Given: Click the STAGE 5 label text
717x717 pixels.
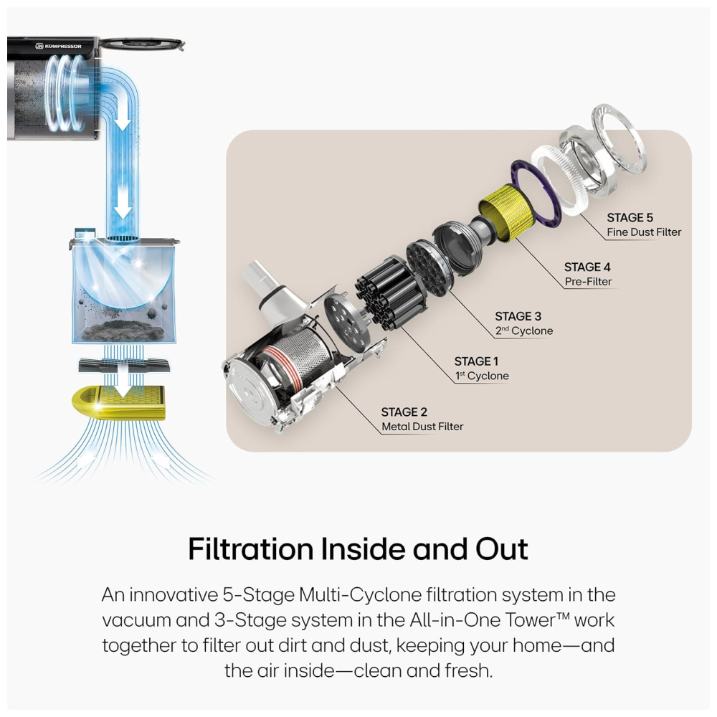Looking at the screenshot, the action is pos(630,218).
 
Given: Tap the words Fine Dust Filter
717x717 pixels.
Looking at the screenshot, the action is pos(644,232).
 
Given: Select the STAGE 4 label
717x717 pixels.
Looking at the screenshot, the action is pos(587,267).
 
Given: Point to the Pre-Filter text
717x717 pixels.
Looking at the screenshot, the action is pos(588,282).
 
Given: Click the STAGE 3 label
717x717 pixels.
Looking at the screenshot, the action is pos(518,316).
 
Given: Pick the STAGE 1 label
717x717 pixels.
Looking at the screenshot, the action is pos(476,361).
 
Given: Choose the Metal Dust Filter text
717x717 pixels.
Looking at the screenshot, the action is pos(422,427).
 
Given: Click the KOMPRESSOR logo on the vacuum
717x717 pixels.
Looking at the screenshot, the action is pos(59,46).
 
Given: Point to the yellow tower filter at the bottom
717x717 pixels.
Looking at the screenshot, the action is pos(118,403).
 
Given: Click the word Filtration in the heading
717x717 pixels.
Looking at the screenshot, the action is pos(250,549).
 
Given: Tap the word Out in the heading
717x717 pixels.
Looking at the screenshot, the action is pos(502,549).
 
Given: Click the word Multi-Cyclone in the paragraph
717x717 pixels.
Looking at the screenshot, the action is pos(361,595).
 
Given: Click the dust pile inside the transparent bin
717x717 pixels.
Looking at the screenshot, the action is pos(123,329).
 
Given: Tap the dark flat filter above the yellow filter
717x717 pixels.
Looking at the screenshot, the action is pos(124,366).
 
